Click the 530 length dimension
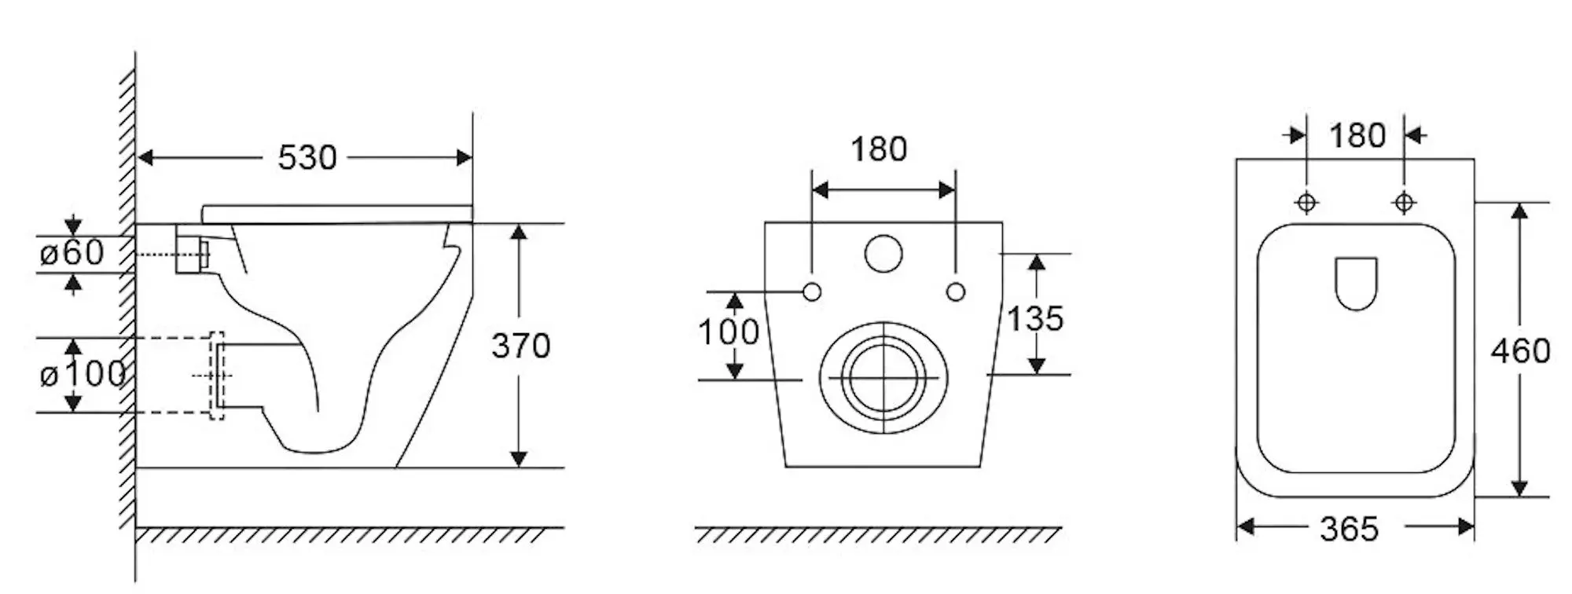pos(307,158)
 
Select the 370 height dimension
pos(521,346)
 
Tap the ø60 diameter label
pos(72,253)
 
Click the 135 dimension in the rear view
pos(1035,318)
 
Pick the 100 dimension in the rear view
pos(729,332)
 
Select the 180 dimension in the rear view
pos(879,149)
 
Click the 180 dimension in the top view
pos(1357,136)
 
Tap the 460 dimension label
pos(1521,350)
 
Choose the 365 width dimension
pos(1350,529)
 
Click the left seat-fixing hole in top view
pos(1306,203)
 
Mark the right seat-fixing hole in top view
pos(1404,203)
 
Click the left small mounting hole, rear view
pos(813,292)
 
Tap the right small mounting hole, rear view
pos(956,292)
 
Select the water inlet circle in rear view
pos(884,253)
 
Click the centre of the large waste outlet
pos(884,378)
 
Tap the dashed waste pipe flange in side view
pos(217,376)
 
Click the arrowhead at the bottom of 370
pos(519,459)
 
